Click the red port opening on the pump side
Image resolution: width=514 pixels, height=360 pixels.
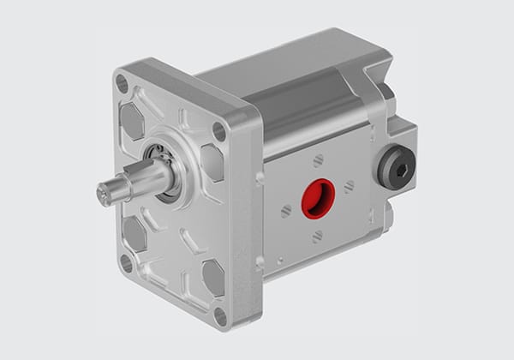coord(316,198)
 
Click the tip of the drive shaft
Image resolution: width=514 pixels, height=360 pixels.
coord(104,195)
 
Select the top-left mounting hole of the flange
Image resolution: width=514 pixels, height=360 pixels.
coord(123,83)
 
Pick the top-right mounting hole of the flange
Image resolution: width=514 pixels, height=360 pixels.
coord(219,131)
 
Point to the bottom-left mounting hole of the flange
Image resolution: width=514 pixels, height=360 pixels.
coord(126,263)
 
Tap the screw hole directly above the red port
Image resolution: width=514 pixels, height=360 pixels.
coord(319,159)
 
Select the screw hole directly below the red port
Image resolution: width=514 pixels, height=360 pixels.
coord(317,236)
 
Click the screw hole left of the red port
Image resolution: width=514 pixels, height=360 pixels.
coord(286,210)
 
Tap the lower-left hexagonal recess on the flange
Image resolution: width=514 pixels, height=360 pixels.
coord(134,231)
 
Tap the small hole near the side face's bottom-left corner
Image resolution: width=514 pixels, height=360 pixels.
coord(278,262)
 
